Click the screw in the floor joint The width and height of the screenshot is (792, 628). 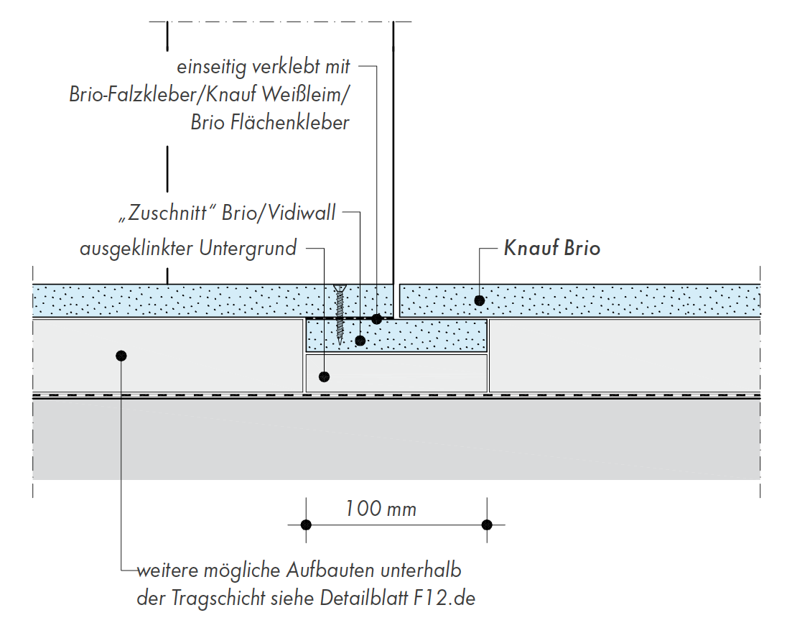point(339,315)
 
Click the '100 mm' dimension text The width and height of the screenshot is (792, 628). point(381,509)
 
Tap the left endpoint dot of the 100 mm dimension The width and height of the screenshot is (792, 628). point(306,525)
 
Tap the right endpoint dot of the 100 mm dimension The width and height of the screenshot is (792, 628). point(487,525)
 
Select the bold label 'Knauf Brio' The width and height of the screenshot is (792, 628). point(551,249)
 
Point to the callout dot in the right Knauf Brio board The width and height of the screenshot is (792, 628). point(479,300)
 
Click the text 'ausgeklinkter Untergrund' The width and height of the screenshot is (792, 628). point(188,249)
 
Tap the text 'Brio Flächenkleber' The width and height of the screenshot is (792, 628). point(270,122)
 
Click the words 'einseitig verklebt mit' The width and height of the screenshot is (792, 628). point(264,68)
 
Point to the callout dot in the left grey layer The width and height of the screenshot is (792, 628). point(121,355)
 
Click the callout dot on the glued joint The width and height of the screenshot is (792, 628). point(376,318)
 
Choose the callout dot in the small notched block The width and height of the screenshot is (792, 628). point(325,376)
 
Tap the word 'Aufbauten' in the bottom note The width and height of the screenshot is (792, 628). point(331,571)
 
